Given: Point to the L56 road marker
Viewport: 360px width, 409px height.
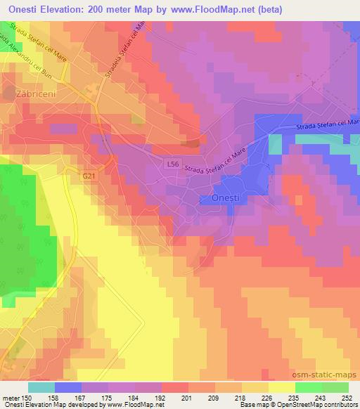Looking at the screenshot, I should (x=173, y=164).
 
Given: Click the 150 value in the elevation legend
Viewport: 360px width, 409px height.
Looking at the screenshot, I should (x=28, y=398).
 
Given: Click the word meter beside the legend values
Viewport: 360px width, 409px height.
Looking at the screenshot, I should (x=10, y=398).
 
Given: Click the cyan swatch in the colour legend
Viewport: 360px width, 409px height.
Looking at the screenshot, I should (x=41, y=387).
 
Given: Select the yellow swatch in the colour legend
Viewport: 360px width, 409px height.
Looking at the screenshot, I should (x=281, y=387).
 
